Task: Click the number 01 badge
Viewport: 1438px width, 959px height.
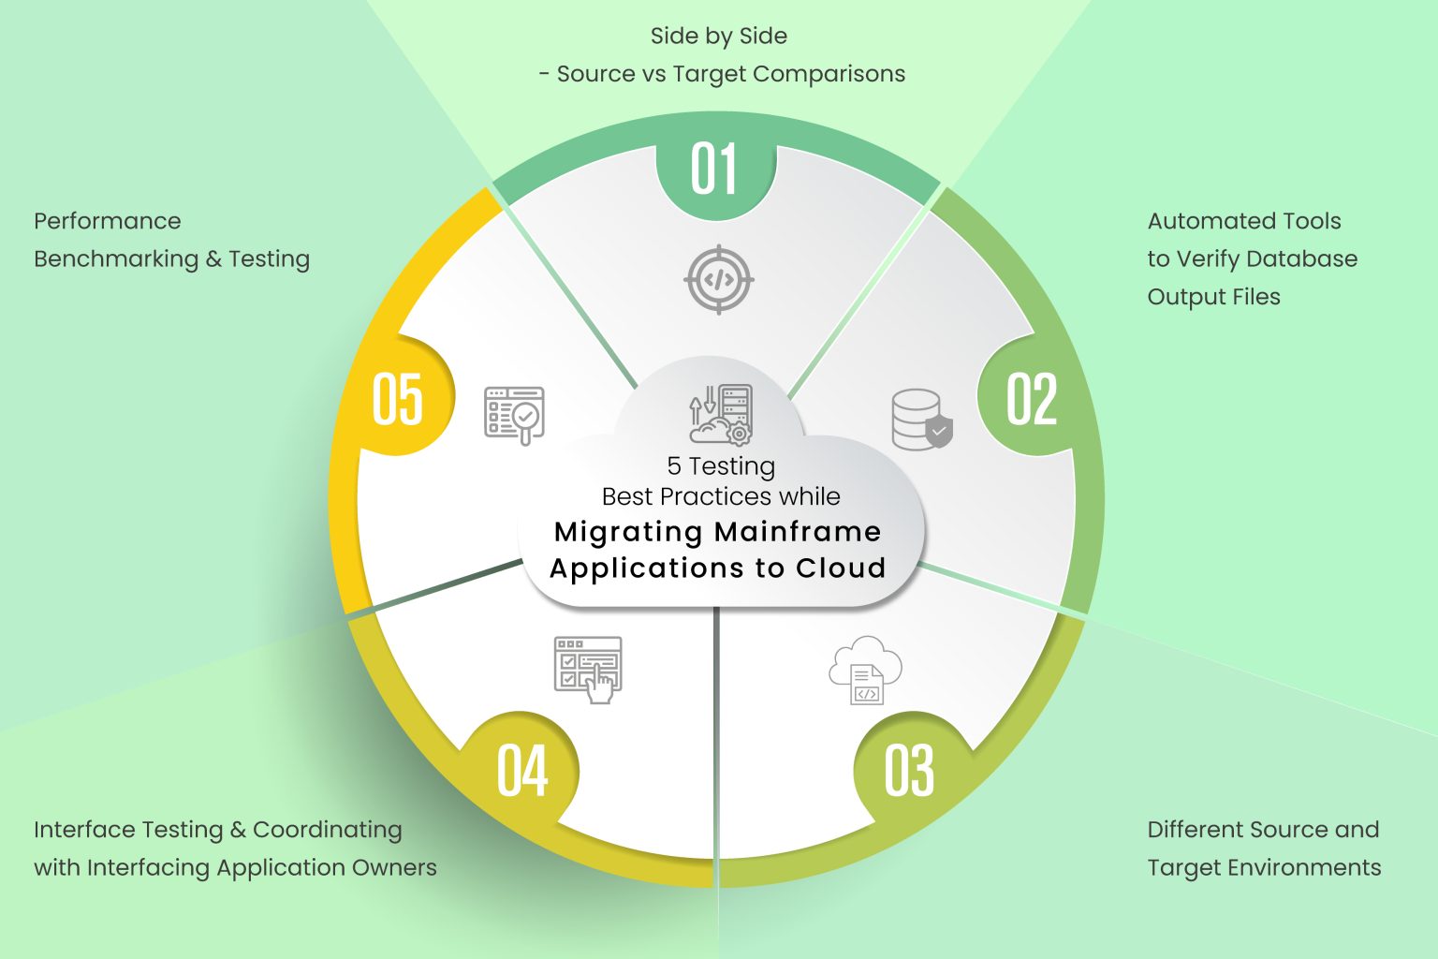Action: [715, 170]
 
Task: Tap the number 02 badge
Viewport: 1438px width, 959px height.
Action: [1032, 399]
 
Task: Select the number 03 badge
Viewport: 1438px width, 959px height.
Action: [909, 771]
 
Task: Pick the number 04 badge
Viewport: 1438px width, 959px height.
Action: [522, 771]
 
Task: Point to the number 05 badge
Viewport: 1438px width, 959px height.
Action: [398, 399]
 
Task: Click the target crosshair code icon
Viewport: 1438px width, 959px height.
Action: [718, 279]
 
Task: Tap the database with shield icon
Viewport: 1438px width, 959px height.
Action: [921, 420]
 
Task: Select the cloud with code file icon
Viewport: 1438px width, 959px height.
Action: [865, 670]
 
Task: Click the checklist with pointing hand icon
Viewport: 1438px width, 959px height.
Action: [588, 669]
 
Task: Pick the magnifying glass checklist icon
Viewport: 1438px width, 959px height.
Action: [514, 415]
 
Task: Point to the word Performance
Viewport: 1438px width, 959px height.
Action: [108, 221]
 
